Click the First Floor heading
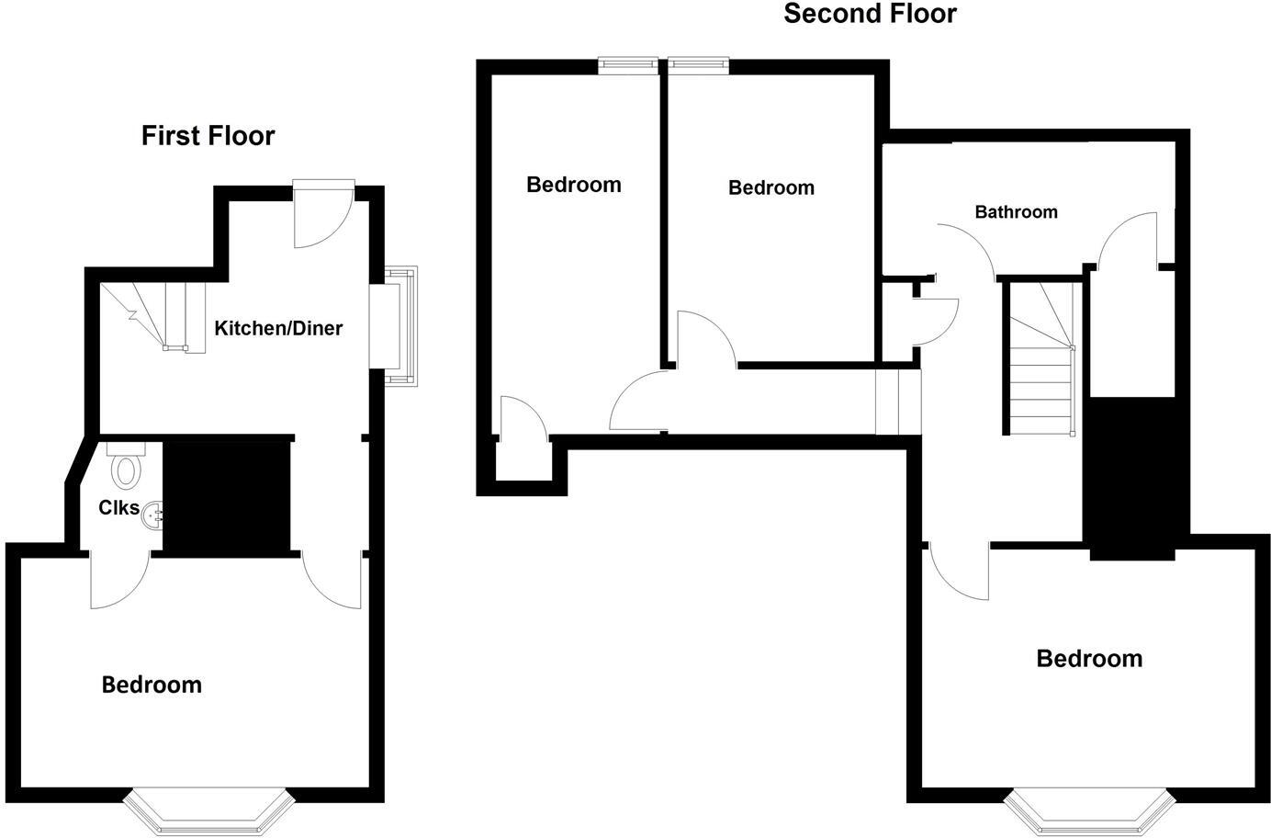[x=208, y=136]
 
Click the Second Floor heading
[x=869, y=14]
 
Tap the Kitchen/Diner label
[x=278, y=328]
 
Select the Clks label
[x=118, y=507]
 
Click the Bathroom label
[x=1016, y=212]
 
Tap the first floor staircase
[x=152, y=316]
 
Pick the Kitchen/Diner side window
[x=400, y=325]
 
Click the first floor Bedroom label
[x=152, y=685]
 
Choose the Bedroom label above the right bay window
[x=1089, y=659]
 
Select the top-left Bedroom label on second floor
[x=573, y=185]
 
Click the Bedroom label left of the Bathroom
[x=770, y=188]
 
